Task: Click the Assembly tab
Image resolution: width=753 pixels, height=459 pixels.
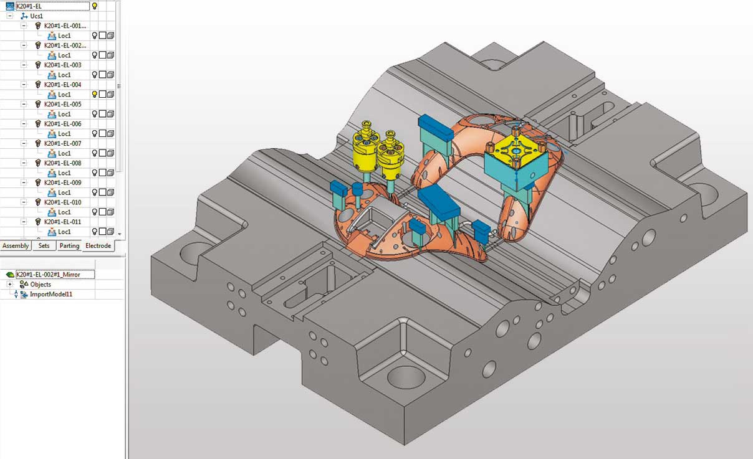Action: click(16, 246)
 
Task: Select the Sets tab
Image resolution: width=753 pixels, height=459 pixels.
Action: click(44, 246)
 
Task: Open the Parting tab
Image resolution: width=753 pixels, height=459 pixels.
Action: click(69, 246)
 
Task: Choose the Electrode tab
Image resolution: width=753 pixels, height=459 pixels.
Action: click(98, 246)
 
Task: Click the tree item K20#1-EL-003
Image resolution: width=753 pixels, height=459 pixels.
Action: click(62, 65)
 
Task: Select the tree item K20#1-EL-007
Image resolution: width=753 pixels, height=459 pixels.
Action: click(62, 143)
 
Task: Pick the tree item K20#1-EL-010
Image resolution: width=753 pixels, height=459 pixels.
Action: click(62, 202)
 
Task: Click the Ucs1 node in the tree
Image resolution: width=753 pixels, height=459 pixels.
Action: click(36, 16)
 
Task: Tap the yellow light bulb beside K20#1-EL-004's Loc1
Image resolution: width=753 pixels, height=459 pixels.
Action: click(95, 94)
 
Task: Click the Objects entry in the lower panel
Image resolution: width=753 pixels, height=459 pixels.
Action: click(41, 285)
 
